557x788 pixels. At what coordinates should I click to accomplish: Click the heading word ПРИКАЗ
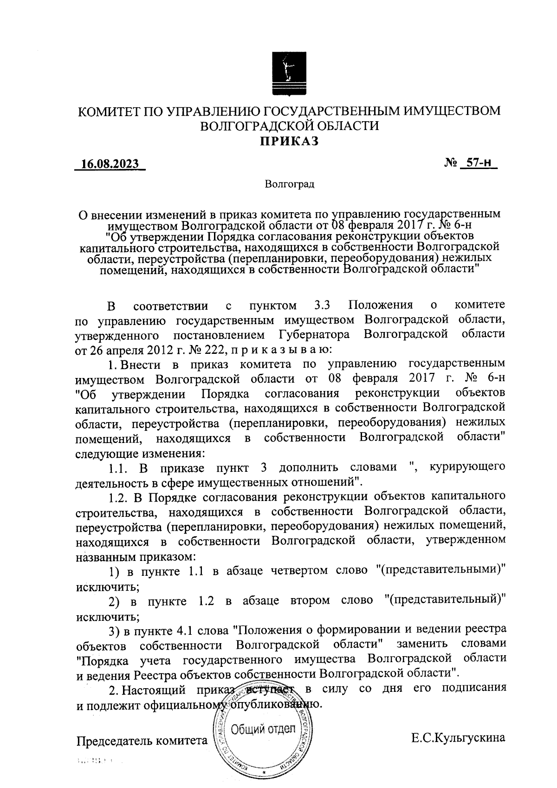point(289,141)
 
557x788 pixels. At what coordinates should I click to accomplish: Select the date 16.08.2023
point(110,165)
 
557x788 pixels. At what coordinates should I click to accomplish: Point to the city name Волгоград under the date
point(290,185)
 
